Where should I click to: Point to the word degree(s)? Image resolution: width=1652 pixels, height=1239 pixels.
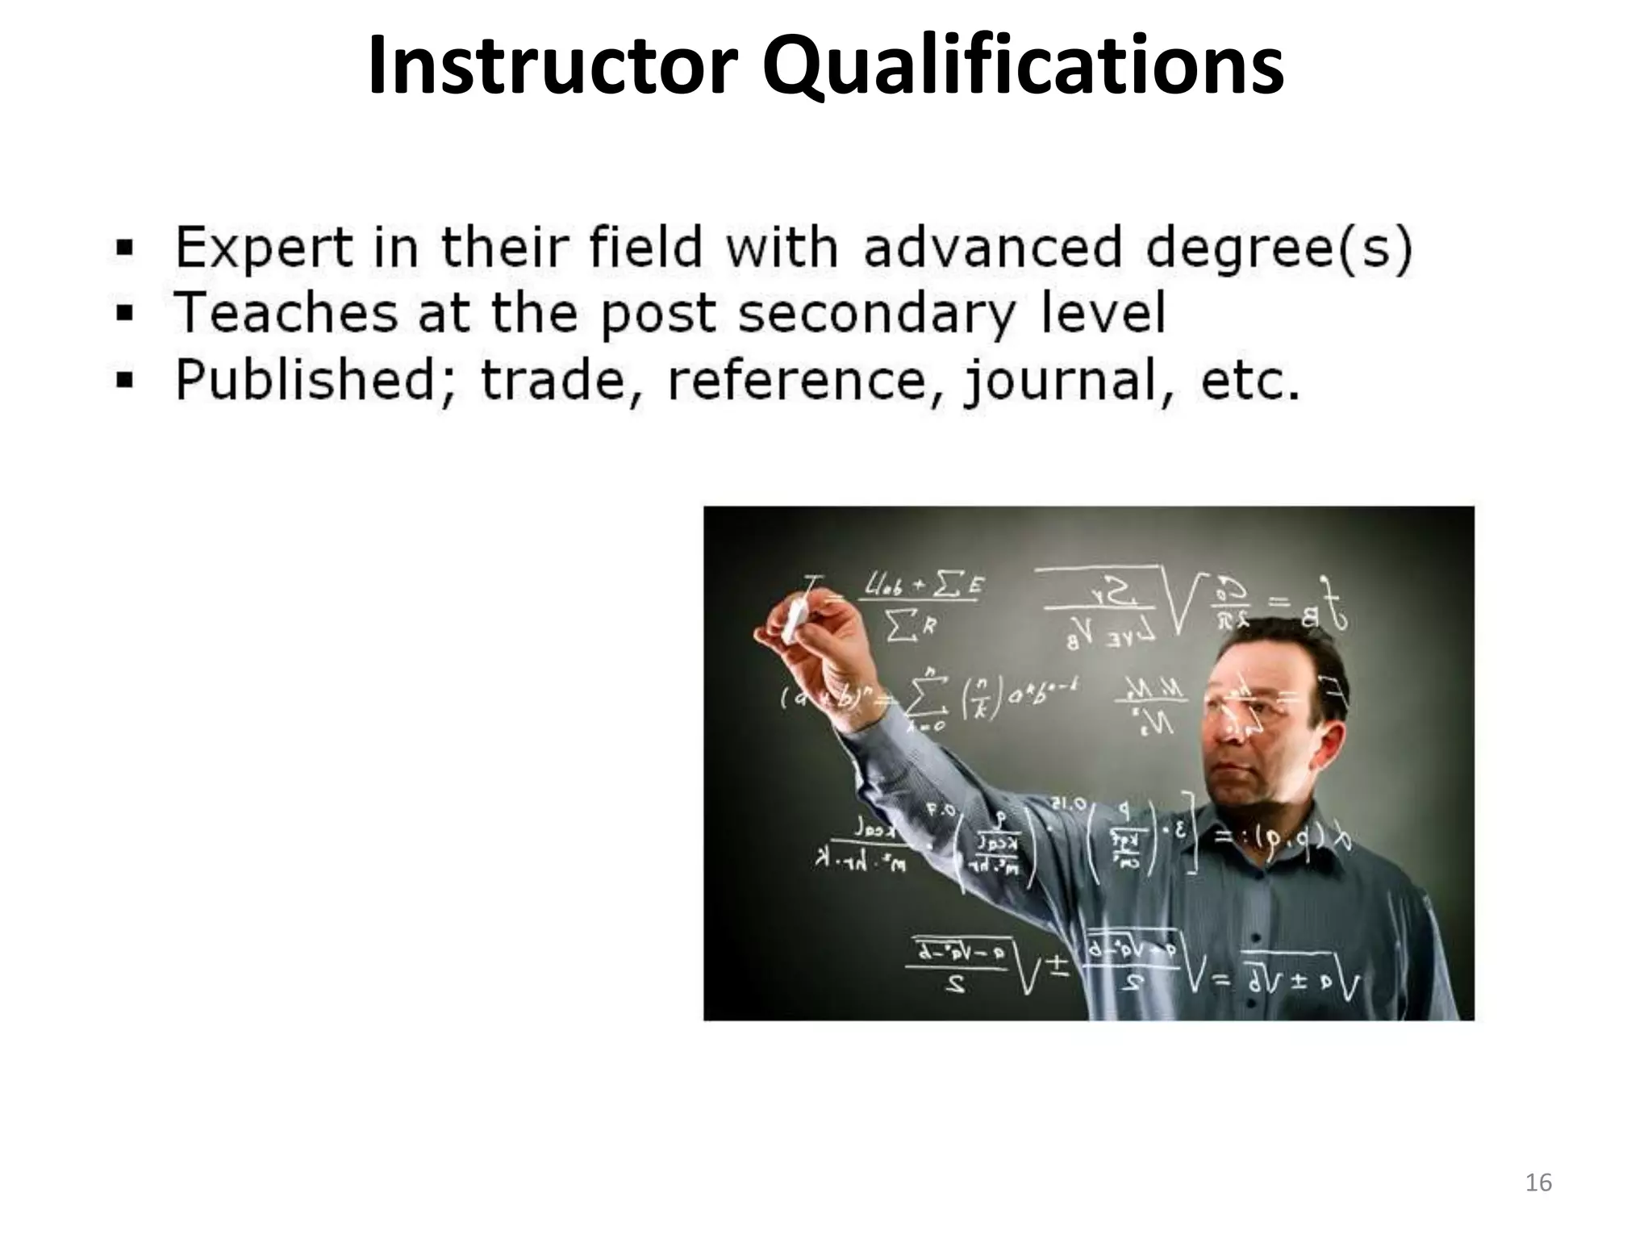[x=1279, y=248]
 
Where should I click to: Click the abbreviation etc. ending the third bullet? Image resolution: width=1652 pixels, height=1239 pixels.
[x=1250, y=381]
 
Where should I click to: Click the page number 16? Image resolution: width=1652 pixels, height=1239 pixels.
[x=1539, y=1183]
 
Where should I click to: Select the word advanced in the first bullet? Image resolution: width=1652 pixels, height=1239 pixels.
[x=992, y=247]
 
